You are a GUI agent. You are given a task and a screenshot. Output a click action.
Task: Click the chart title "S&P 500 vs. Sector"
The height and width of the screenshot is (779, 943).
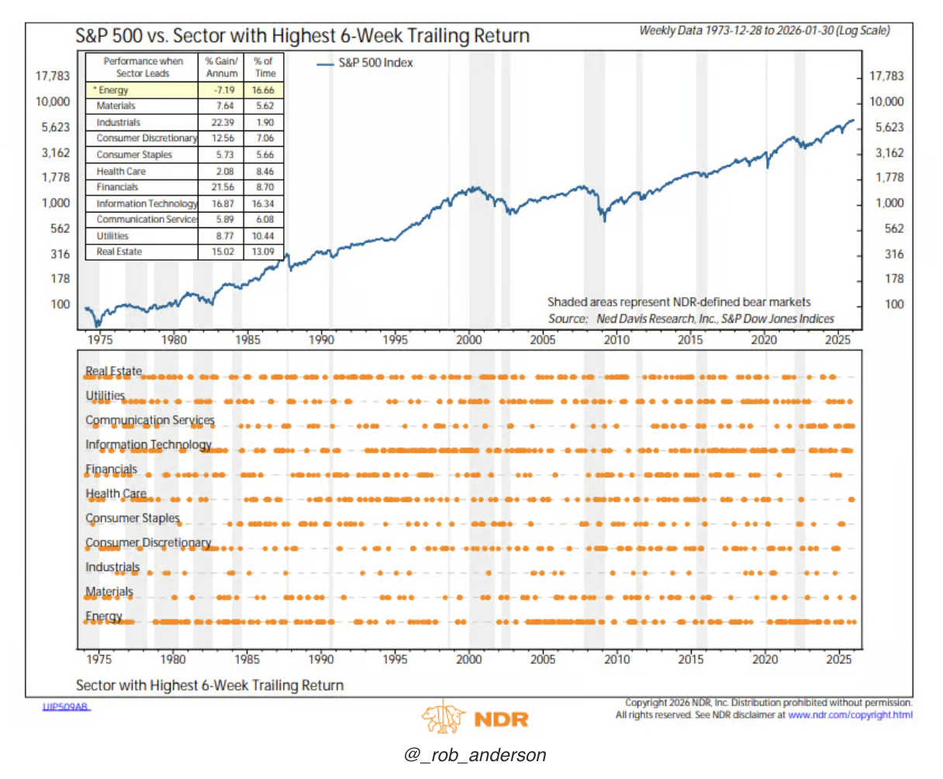302,36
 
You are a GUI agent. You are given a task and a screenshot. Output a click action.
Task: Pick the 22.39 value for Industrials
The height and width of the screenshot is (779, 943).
223,123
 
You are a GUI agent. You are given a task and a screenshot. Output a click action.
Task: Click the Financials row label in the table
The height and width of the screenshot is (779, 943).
117,187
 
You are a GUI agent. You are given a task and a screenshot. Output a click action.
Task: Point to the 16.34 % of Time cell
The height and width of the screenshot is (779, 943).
264,203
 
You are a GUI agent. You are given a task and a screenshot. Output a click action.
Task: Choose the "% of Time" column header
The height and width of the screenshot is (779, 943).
264,67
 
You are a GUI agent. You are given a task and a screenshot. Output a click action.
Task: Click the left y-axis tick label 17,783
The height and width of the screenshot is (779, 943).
52,76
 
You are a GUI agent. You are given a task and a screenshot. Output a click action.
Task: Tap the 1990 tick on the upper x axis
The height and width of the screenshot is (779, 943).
321,340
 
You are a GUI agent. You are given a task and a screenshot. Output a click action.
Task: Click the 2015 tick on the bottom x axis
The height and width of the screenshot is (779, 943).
690,660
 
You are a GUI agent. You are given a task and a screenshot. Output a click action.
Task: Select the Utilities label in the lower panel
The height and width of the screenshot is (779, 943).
105,396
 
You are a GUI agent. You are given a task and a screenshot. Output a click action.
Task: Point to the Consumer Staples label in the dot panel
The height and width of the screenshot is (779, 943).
133,518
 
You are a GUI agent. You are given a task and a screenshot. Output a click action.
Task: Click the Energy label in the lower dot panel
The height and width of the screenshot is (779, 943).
104,617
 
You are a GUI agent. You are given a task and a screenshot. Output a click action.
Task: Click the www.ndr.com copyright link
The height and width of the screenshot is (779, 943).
850,715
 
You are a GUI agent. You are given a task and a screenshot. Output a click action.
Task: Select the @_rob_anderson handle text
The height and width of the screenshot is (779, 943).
475,755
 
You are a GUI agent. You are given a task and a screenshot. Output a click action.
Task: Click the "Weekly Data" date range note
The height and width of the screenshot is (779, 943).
764,31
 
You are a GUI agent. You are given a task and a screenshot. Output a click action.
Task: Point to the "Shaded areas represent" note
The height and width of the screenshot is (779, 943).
679,303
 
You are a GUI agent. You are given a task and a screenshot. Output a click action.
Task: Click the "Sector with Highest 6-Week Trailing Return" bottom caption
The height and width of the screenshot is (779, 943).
209,685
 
